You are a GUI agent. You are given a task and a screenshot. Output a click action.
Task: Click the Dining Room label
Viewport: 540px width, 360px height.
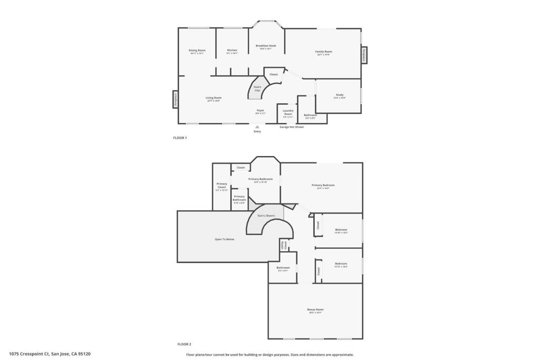click(197, 51)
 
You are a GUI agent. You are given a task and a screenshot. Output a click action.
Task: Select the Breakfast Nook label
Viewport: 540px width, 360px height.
click(266, 46)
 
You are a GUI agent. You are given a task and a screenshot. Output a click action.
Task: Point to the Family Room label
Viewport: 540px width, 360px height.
click(324, 52)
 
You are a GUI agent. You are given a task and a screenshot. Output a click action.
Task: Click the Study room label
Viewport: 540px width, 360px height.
click(340, 95)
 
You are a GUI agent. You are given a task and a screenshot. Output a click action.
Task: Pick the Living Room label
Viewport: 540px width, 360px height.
click(214, 98)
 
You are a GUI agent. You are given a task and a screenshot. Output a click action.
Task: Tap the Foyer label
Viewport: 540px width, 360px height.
click(261, 111)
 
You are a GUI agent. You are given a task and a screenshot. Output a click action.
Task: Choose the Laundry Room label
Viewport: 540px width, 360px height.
click(288, 112)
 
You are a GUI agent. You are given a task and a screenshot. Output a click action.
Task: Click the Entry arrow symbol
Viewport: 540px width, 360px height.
click(257, 127)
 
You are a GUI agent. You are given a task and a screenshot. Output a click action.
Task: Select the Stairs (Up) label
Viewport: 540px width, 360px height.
click(257, 89)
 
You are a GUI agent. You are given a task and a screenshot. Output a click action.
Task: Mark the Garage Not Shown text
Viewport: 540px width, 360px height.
click(292, 127)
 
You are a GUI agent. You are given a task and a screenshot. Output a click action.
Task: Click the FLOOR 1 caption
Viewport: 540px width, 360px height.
click(180, 138)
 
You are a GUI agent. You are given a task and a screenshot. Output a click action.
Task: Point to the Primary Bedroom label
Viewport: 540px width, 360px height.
click(323, 186)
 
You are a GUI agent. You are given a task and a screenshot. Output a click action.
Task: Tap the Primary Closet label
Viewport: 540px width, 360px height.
click(222, 186)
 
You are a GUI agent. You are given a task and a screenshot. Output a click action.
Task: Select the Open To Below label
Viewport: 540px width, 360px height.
click(224, 239)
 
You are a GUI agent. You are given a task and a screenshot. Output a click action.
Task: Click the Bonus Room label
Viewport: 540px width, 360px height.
click(315, 310)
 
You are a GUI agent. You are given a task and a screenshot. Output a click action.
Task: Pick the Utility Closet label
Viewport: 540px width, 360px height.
click(284, 245)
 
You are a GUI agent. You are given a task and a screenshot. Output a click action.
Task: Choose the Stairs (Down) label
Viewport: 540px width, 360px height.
click(266, 216)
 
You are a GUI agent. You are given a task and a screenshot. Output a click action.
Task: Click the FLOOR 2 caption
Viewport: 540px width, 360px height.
click(184, 344)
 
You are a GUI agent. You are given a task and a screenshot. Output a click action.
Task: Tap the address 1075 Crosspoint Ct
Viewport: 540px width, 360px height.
click(53, 354)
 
